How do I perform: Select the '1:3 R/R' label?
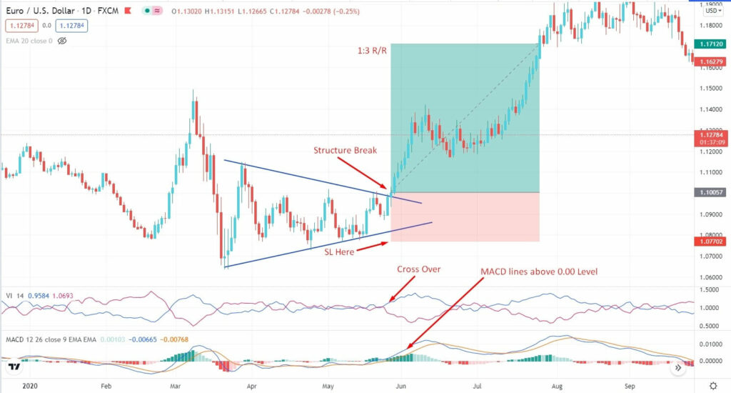[373, 51]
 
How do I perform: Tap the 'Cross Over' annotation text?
[419, 269]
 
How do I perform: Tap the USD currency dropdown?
[712, 11]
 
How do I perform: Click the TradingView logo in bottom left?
[14, 367]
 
